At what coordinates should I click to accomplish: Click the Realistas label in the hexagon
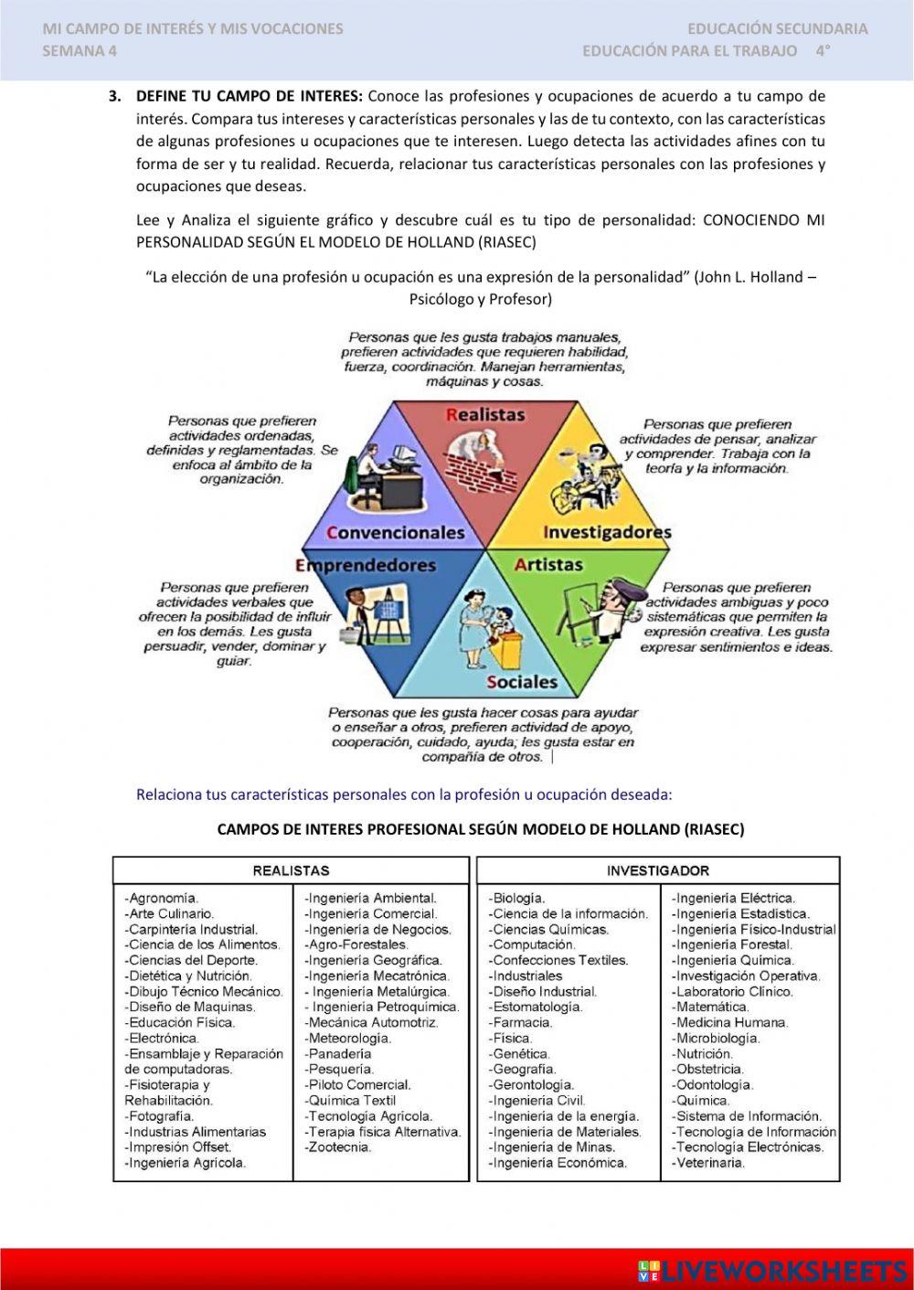[x=485, y=415]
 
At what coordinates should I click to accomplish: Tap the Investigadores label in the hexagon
[x=607, y=532]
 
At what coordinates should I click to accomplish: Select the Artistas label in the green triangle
[x=548, y=565]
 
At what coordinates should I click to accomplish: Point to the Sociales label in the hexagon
[x=521, y=682]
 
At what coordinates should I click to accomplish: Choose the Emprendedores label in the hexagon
[x=366, y=565]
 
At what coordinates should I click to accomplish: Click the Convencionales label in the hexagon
[x=395, y=532]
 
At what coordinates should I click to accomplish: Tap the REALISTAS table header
[x=291, y=870]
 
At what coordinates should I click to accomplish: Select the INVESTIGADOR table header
[x=657, y=870]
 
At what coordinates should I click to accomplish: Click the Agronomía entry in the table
[x=162, y=898]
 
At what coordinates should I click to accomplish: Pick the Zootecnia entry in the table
[x=338, y=1146]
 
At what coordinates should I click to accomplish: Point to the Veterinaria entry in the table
[x=709, y=1163]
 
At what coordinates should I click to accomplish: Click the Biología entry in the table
[x=517, y=898]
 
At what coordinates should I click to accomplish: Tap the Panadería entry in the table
[x=339, y=1053]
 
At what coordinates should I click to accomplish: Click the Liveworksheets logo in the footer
[x=772, y=1271]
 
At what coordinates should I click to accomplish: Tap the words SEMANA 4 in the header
[x=80, y=51]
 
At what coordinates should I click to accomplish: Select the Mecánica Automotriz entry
[x=372, y=1022]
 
